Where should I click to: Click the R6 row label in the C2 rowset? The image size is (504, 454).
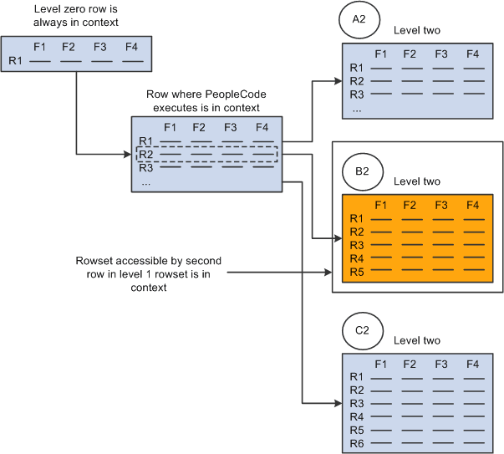357,441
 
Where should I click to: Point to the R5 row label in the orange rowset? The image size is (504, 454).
357,271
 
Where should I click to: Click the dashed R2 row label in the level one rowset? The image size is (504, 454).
146,154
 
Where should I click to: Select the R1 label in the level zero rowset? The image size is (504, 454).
15,60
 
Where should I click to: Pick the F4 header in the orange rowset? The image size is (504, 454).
473,205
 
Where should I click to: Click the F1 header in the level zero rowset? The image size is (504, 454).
39,47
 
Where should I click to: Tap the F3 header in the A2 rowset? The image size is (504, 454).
441,54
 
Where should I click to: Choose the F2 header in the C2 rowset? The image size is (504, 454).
410,364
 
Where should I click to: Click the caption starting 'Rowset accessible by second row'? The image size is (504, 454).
135,273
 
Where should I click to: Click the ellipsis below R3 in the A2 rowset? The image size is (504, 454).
356,108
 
